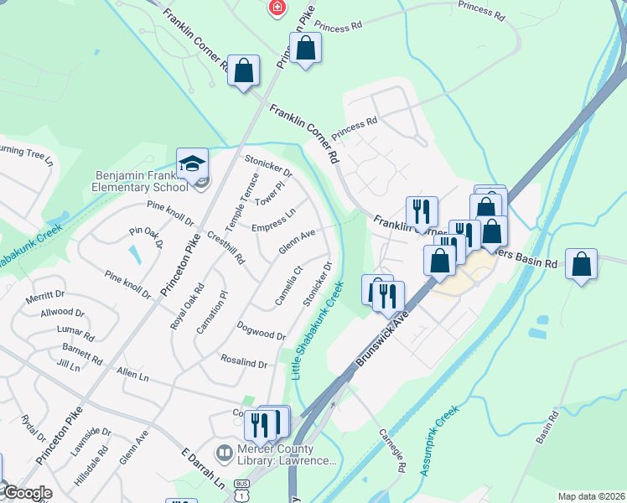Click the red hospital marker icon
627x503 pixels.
coord(275,8)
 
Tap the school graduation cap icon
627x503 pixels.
coord(192,162)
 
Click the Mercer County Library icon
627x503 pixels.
coord(225,454)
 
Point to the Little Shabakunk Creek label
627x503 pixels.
coord(319,329)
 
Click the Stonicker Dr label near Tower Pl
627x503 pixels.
coord(268,166)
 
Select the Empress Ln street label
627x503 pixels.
coord(273,220)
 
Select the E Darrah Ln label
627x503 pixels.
coord(203,469)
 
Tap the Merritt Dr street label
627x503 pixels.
coord(45,294)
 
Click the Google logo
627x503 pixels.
coord(28,493)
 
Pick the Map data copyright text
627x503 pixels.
coord(590,496)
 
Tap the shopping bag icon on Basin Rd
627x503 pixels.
coord(581,265)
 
